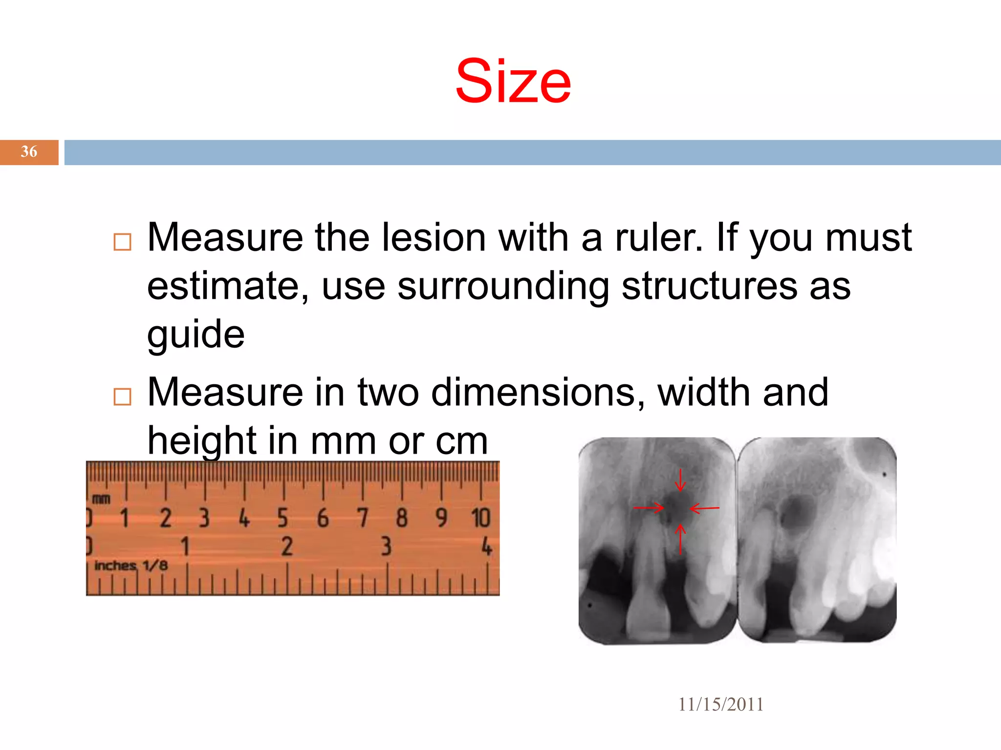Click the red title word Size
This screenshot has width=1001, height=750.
point(513,82)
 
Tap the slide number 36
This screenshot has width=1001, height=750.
point(29,152)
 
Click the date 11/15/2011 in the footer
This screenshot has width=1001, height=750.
point(720,705)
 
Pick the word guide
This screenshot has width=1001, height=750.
point(196,335)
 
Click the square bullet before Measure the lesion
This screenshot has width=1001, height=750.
point(122,242)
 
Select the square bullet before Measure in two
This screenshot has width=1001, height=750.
point(122,396)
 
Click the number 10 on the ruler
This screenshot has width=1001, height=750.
point(480,518)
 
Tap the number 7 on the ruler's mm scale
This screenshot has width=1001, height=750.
point(362,518)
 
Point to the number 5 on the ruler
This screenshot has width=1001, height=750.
point(283,518)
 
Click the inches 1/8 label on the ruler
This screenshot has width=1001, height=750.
point(131,566)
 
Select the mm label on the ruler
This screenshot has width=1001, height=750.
point(101,499)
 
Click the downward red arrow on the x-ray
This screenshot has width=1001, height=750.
point(680,480)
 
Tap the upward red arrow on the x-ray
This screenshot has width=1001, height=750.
point(680,539)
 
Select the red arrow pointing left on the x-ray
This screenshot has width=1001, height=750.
point(704,508)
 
